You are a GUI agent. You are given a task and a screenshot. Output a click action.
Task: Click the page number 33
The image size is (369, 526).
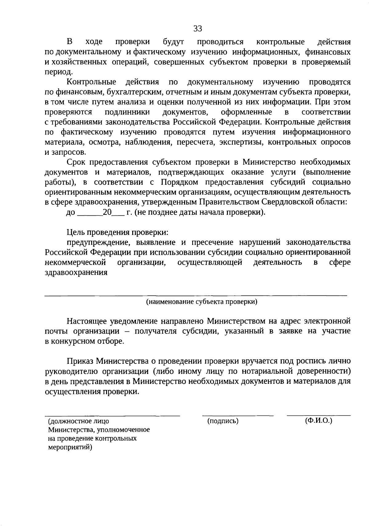(198, 29)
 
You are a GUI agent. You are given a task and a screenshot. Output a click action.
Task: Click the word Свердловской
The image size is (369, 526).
(290, 202)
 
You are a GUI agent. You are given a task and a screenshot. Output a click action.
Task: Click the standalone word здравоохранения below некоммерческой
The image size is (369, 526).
(76, 272)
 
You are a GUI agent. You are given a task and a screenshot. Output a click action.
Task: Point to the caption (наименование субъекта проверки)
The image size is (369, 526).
(201, 302)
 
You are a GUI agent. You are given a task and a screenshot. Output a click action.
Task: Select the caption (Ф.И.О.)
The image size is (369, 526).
(319, 420)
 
